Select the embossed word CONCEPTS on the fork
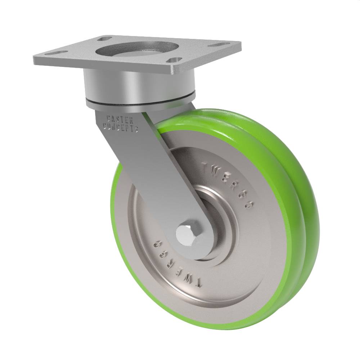point(121,127)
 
